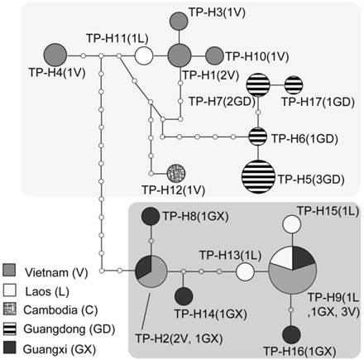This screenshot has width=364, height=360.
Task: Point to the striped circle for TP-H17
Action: click(x=295, y=84)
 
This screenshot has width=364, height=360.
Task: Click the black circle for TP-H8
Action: click(x=151, y=215)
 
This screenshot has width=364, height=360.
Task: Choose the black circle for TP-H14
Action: click(x=184, y=295)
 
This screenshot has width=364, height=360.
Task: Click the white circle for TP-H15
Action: click(x=291, y=223)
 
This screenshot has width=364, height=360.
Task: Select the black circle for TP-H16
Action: click(x=291, y=334)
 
